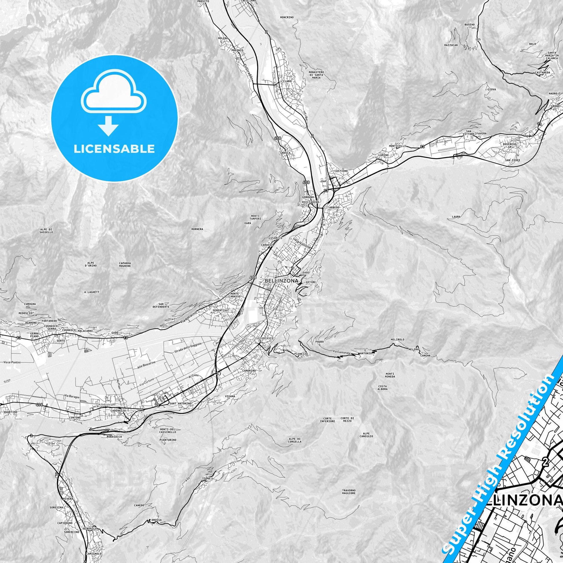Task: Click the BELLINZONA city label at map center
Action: (281, 281)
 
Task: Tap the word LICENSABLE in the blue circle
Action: (114, 149)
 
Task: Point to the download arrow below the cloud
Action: (108, 126)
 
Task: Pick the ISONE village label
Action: (206, 479)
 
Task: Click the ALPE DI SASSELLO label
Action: (46, 231)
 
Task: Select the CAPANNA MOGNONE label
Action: (125, 264)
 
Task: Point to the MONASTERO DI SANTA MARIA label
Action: (316, 75)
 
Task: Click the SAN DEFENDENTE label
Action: (161, 305)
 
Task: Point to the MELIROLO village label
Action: (398, 339)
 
